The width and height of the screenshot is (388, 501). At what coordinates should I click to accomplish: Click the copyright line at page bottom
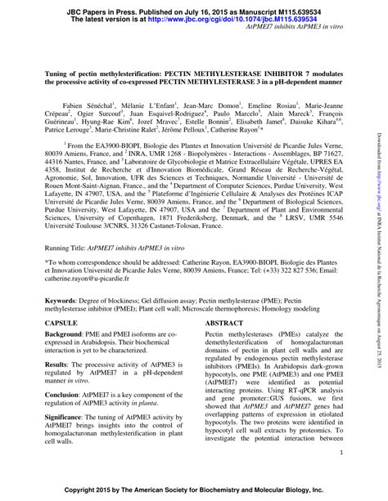click(x=193, y=490)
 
